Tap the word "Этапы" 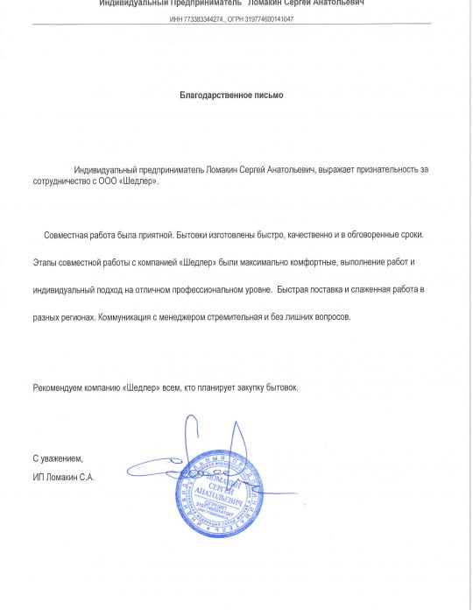48,262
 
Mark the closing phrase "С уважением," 58,458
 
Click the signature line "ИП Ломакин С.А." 63,477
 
